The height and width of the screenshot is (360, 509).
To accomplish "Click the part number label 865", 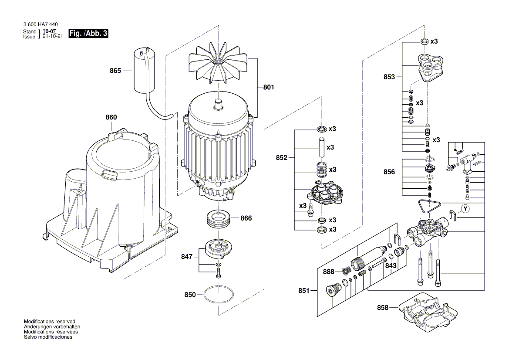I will coord(115,70).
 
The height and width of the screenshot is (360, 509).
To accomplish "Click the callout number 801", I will coord(269,87).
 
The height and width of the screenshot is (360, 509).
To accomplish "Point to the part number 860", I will coord(111,117).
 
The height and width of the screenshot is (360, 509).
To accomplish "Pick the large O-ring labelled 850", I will coord(222,295).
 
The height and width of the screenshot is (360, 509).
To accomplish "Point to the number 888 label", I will coord(329,272).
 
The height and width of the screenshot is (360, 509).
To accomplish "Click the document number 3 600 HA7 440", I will coord(41,24).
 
